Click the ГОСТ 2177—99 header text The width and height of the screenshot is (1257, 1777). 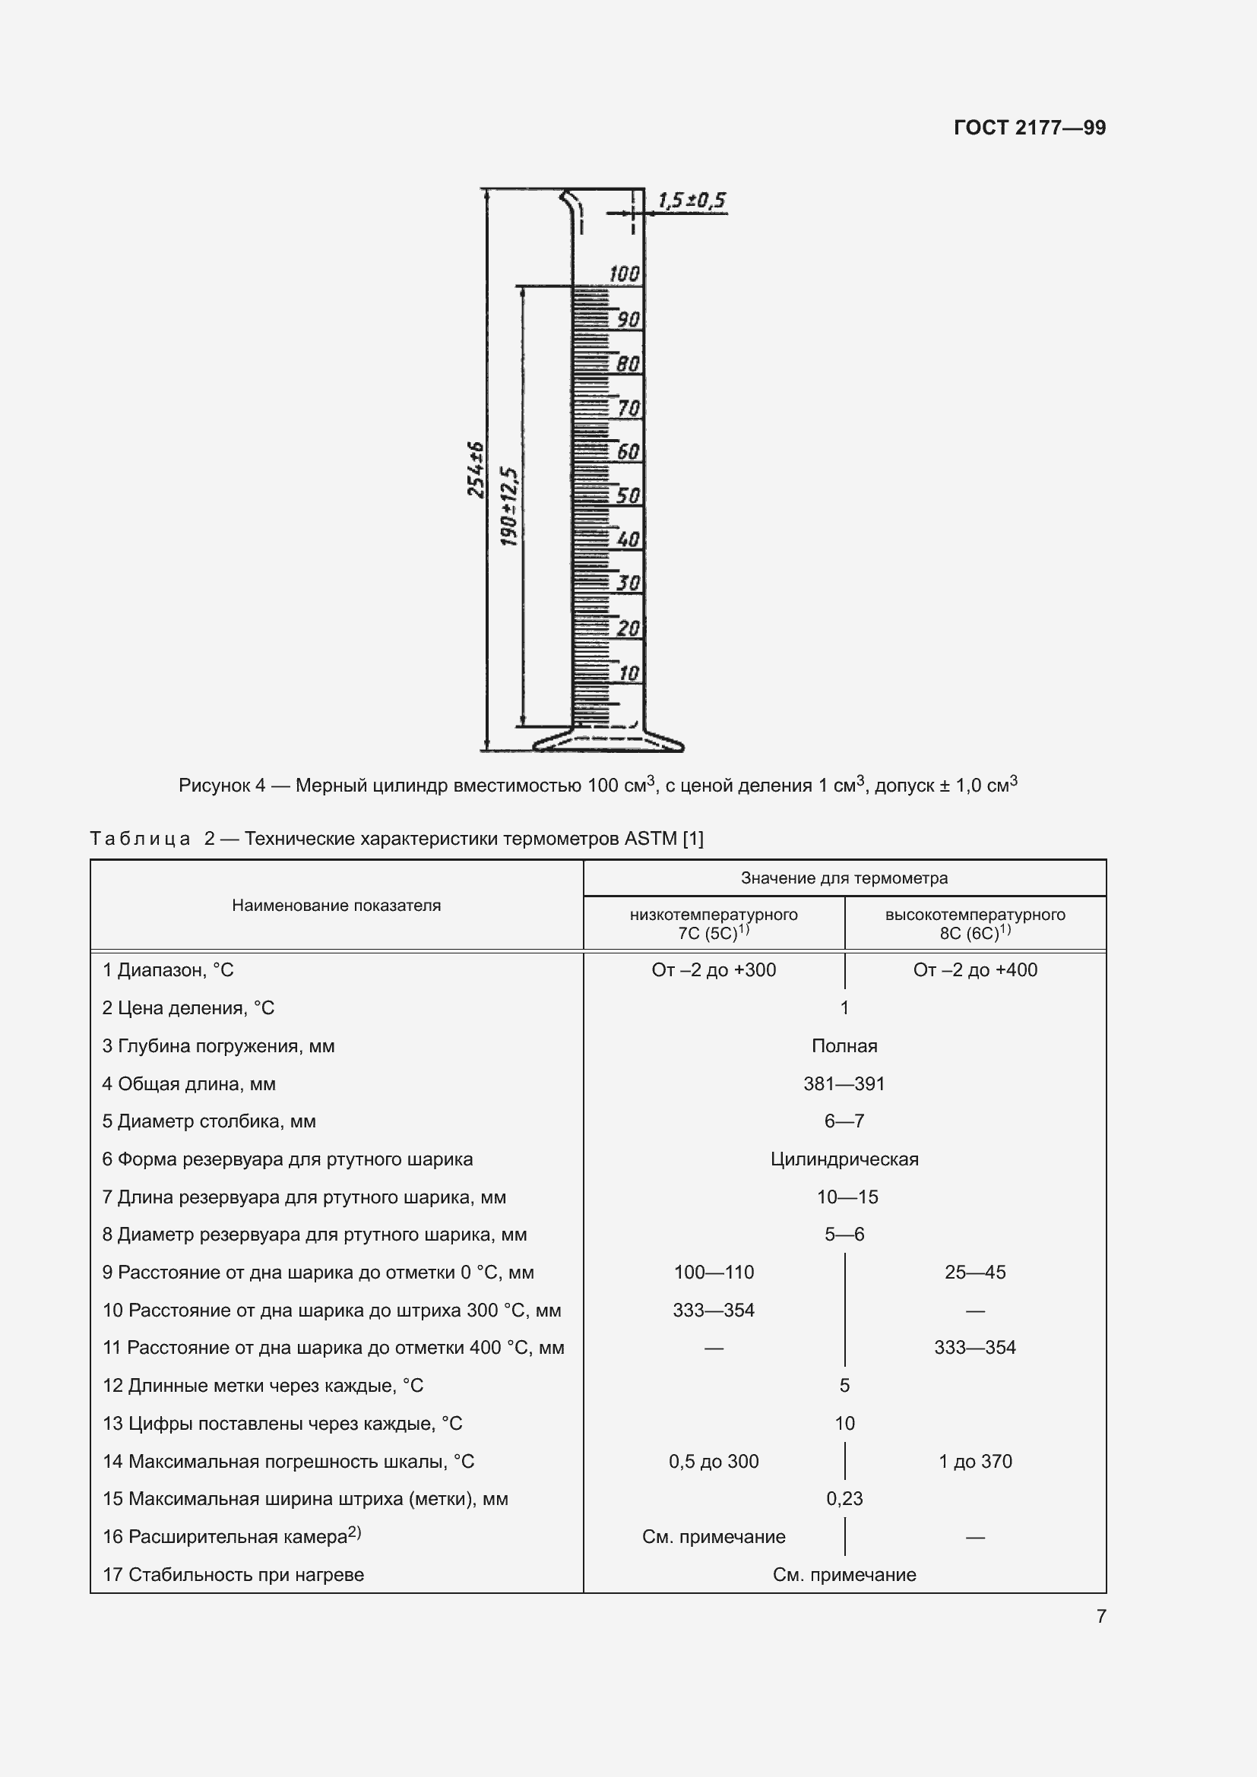1029,128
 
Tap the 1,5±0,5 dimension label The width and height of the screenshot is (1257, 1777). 691,201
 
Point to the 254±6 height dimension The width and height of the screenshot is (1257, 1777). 475,469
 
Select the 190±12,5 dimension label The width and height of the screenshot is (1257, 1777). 508,506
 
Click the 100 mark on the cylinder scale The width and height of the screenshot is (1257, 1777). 624,274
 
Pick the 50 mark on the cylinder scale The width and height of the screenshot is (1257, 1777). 628,495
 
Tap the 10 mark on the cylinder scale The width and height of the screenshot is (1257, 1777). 628,672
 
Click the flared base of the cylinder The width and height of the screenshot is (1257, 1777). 609,742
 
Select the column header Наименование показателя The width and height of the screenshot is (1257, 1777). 336,905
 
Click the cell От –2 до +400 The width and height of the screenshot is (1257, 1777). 974,969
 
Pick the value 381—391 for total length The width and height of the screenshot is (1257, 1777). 844,1083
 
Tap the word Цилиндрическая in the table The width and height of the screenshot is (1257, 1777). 844,1159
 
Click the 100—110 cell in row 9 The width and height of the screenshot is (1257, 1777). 713,1273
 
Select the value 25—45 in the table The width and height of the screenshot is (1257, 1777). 974,1273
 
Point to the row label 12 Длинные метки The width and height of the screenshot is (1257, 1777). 262,1386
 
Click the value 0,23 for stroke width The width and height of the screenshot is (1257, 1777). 844,1498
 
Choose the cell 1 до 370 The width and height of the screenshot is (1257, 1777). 974,1461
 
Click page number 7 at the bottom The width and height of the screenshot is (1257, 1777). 1100,1616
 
